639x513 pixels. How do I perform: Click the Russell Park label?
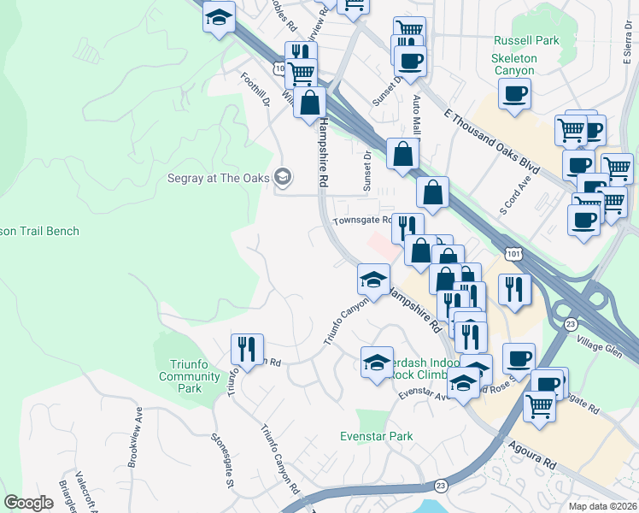tap(525, 40)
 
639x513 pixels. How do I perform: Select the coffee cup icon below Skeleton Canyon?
tap(514, 95)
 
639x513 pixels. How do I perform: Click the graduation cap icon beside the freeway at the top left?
tap(219, 16)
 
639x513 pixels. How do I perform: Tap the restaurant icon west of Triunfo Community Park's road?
tap(246, 350)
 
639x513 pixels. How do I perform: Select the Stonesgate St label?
tap(222, 461)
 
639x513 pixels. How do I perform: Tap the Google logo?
tap(28, 503)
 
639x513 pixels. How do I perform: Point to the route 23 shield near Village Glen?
tap(570, 324)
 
